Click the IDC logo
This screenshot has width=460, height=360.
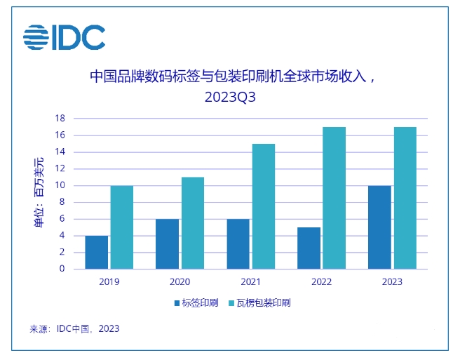[x=64, y=37]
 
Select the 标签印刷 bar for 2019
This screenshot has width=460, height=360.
[x=96, y=252]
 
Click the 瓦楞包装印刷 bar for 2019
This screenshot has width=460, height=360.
[x=121, y=227]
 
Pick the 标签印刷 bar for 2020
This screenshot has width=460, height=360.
[x=167, y=244]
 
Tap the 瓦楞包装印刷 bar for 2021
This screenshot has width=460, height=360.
[x=263, y=206]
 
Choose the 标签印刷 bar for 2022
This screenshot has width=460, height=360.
[x=309, y=248]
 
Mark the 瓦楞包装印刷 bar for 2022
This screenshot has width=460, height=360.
[x=334, y=198]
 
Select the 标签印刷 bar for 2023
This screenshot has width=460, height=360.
[x=379, y=227]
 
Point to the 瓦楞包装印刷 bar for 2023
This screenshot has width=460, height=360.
[x=405, y=198]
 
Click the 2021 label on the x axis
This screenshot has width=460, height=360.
[x=250, y=281]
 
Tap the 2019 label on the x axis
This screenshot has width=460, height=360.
[x=109, y=281]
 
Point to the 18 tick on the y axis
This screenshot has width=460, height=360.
[x=62, y=119]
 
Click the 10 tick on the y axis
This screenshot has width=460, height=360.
[x=62, y=185]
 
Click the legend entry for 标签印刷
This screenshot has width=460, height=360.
[x=196, y=303]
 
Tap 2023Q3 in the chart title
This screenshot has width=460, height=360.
[x=230, y=98]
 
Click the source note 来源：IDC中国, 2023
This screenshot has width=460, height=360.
[x=75, y=328]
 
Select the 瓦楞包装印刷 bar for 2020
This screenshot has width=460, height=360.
[x=192, y=223]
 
